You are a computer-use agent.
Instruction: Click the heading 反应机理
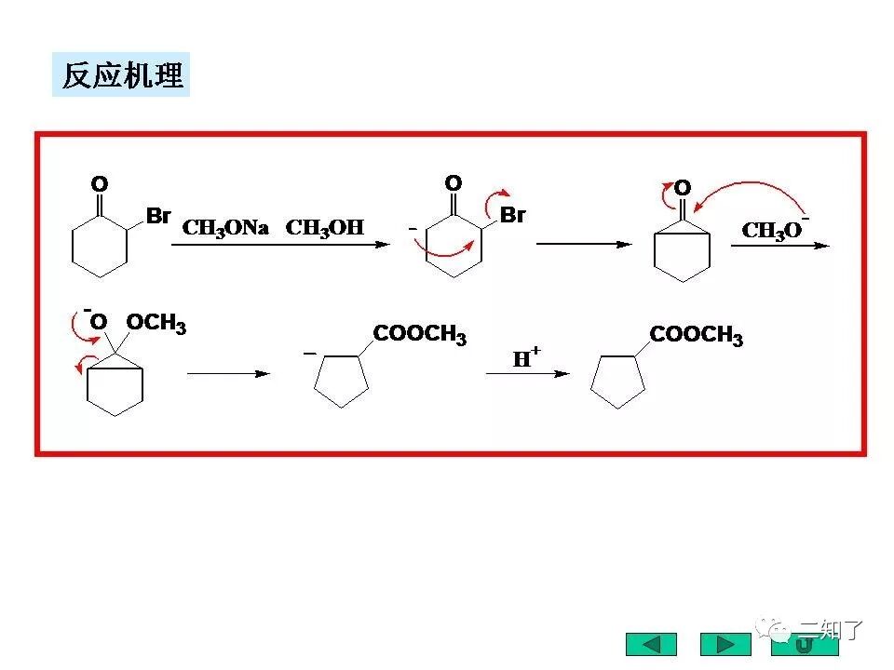(x=121, y=75)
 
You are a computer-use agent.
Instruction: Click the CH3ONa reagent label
(x=225, y=227)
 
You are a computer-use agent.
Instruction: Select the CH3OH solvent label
(x=324, y=227)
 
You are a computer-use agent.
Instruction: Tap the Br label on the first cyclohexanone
(x=158, y=216)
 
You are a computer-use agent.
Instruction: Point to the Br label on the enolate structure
(x=512, y=215)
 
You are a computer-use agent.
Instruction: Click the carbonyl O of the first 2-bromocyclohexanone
(x=100, y=183)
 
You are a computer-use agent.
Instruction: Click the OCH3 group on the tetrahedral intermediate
(x=156, y=323)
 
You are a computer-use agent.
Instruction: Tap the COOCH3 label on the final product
(x=696, y=335)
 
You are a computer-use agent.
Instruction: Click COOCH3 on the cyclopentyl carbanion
(x=419, y=335)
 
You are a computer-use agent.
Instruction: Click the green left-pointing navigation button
(x=650, y=644)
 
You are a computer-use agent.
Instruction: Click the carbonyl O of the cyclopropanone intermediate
(x=683, y=189)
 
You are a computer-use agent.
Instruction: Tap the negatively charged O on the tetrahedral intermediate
(x=98, y=322)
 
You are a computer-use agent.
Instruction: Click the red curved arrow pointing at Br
(x=491, y=194)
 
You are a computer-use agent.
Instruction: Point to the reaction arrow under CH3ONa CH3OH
(x=279, y=245)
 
